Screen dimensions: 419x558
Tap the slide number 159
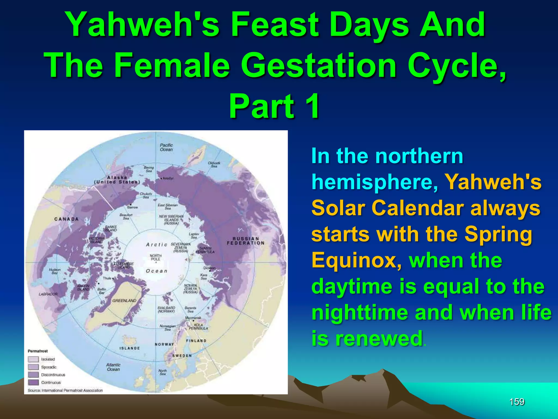pyautogui.click(x=517, y=402)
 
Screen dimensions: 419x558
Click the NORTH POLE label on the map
pyautogui.click(x=156, y=258)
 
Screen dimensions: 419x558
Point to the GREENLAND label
pyautogui.click(x=124, y=301)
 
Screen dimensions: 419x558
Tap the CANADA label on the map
pyautogui.click(x=66, y=219)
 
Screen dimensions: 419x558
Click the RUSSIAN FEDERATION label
pyautogui.click(x=245, y=241)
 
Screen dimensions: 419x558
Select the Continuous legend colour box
pyautogui.click(x=33, y=382)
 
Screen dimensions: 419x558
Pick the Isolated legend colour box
pyautogui.click(x=33, y=359)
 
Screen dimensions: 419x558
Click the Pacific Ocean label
pyautogui.click(x=166, y=147)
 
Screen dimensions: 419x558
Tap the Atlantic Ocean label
pyautogui.click(x=113, y=367)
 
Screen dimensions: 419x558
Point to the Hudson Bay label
pyautogui.click(x=54, y=271)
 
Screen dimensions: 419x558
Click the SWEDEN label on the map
pyautogui.click(x=182, y=356)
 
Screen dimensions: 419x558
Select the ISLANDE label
pyautogui.click(x=130, y=348)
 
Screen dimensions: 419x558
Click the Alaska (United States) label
pyautogui.click(x=117, y=180)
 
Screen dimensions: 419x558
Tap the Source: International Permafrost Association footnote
pyautogui.click(x=65, y=390)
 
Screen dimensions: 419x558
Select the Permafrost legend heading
pyautogui.click(x=38, y=351)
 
